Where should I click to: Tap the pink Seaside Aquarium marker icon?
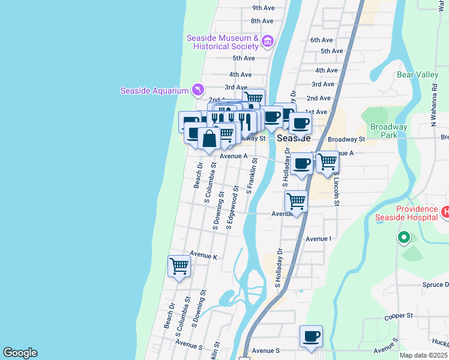coord(197,90)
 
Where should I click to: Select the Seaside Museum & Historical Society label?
coord(222,42)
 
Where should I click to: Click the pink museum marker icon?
coord(268,41)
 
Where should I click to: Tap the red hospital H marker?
coord(445,212)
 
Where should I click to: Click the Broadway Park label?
coord(388,131)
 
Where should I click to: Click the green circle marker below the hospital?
coord(404,238)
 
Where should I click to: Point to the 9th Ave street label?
coord(263,8)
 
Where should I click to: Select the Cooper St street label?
coord(399,315)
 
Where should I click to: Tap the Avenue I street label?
coord(318,239)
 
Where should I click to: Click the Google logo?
coord(20,353)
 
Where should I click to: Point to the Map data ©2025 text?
coord(423,355)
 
